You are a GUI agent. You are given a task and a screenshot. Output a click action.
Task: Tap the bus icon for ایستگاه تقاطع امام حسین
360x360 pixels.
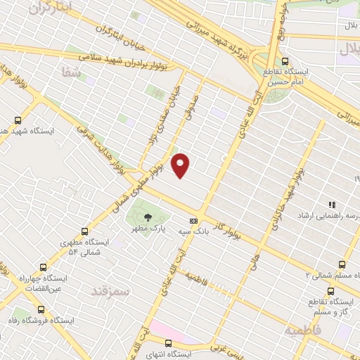(x=285, y=61)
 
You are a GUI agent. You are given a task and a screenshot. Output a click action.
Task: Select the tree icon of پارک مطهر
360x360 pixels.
(x=147, y=217)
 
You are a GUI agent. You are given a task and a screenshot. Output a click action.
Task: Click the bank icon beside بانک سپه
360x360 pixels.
(x=202, y=220)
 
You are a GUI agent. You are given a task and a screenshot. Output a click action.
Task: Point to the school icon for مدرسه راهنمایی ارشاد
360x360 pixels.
(x=331, y=205)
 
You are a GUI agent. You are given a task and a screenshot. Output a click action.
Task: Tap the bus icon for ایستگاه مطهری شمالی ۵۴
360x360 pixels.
(x=86, y=231)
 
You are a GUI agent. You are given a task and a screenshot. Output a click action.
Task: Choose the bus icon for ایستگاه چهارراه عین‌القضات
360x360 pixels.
(x=44, y=268)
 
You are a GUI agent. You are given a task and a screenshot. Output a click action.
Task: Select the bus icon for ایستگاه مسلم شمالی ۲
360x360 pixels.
(x=342, y=265)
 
